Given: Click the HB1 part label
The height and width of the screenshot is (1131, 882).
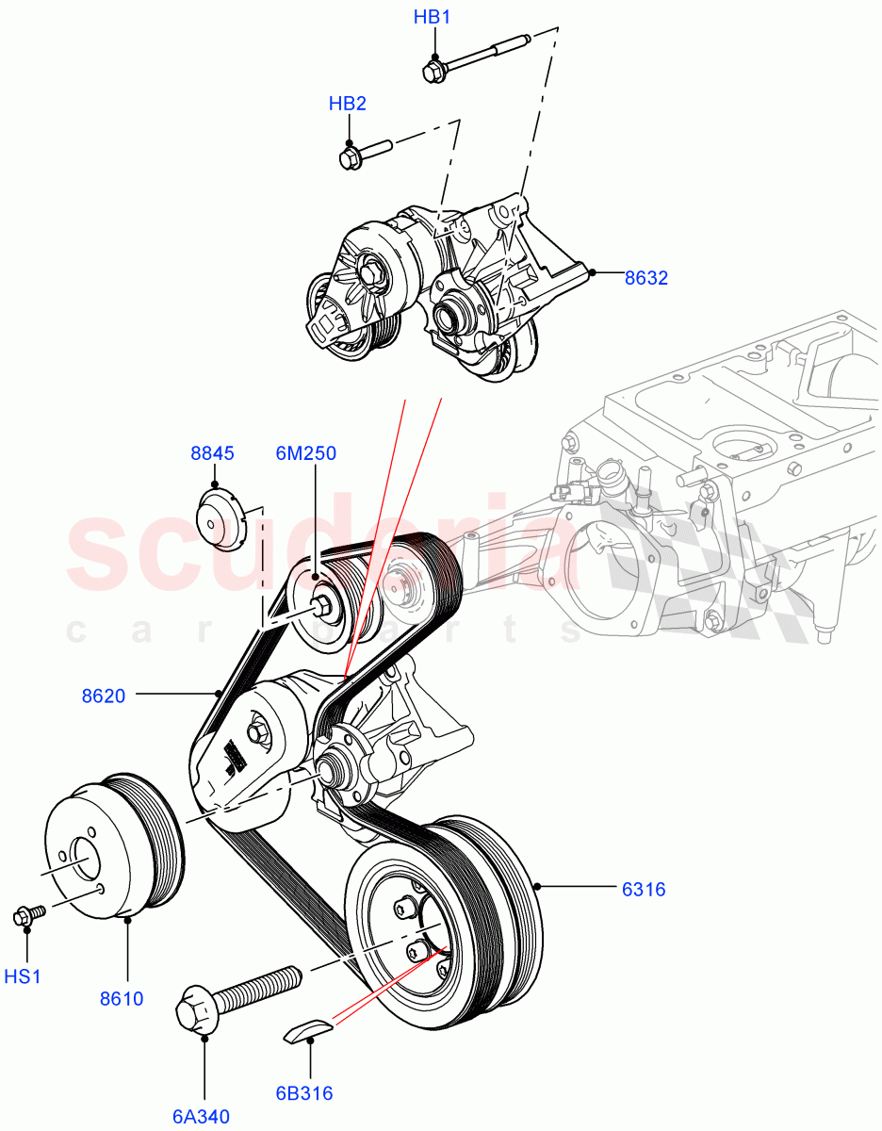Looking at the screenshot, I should [x=434, y=18].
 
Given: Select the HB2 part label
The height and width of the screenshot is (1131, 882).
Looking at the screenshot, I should [x=347, y=104].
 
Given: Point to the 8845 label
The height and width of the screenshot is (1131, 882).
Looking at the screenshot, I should [x=212, y=453].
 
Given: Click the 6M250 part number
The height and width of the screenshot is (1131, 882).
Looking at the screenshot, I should [x=305, y=453].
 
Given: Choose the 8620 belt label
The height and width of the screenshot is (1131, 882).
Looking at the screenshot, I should [x=104, y=697].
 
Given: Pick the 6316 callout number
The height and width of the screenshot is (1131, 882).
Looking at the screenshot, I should [x=643, y=888].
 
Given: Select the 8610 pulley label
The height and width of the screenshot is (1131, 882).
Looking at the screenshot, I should [x=122, y=998].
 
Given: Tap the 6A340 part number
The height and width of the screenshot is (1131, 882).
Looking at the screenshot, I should [x=201, y=1118].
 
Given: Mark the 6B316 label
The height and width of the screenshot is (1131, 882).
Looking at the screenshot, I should [x=304, y=1093].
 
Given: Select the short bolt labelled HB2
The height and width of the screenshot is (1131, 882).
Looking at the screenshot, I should [x=363, y=152].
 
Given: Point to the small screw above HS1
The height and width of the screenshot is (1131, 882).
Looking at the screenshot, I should [x=28, y=913].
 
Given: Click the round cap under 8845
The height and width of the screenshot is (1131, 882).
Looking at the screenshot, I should [x=220, y=518].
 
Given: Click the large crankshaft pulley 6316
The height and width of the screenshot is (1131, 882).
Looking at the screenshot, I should [x=443, y=924].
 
